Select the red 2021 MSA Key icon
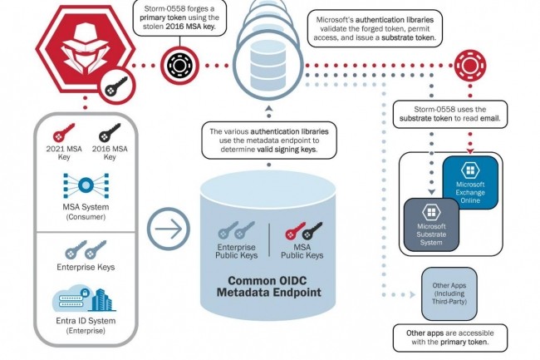pyautogui.click(x=64, y=134)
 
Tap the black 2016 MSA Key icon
pyautogui.click(x=110, y=134)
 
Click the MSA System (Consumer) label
pyautogui.click(x=86, y=211)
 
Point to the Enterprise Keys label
pyautogui.click(x=86, y=267)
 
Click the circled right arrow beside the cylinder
pyautogui.click(x=169, y=229)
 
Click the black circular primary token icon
pyautogui.click(x=177, y=63)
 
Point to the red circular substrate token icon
pyautogui.click(x=464, y=63)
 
